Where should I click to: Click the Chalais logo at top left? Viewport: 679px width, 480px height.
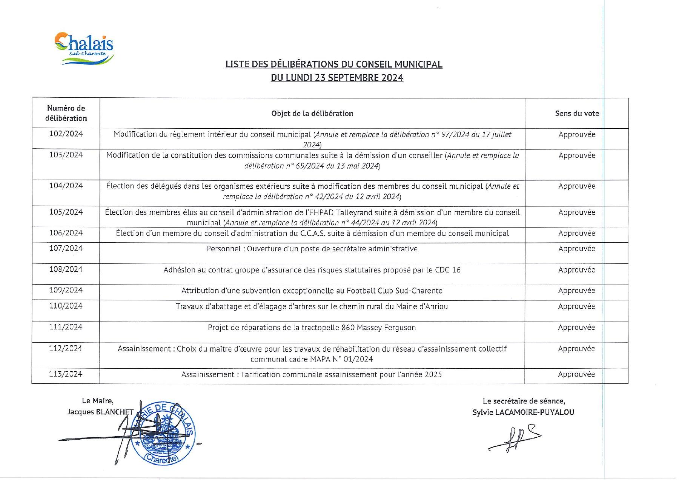(84, 48)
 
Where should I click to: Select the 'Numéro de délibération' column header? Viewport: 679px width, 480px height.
(66, 113)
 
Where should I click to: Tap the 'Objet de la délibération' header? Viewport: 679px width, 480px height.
(312, 114)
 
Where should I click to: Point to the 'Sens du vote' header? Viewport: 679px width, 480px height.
(577, 114)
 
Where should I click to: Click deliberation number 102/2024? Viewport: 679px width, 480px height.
(66, 134)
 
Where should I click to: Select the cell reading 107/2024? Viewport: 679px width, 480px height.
(66, 248)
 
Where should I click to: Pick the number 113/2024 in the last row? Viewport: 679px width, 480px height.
(66, 374)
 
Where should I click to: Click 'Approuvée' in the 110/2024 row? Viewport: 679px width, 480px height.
(576, 306)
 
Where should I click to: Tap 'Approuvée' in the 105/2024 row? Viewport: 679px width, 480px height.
(577, 212)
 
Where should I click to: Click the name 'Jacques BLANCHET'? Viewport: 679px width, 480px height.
(100, 412)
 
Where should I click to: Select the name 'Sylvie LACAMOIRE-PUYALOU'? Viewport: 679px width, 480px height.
(523, 412)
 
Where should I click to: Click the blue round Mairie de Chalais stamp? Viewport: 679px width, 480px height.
(166, 432)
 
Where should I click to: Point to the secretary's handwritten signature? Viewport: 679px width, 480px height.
(515, 437)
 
